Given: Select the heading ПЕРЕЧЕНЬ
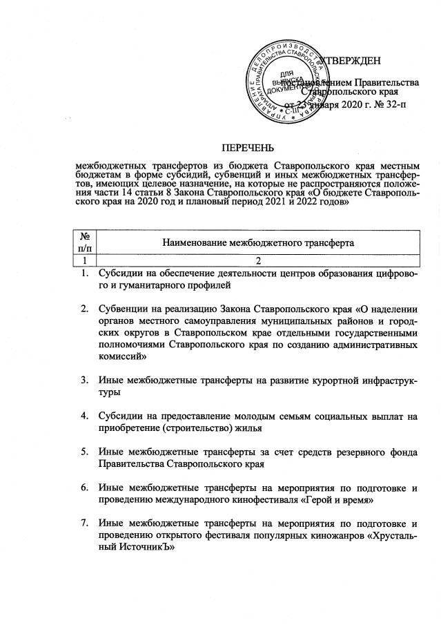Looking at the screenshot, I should point(247,147).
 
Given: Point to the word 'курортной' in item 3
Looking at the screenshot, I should point(333,379).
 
